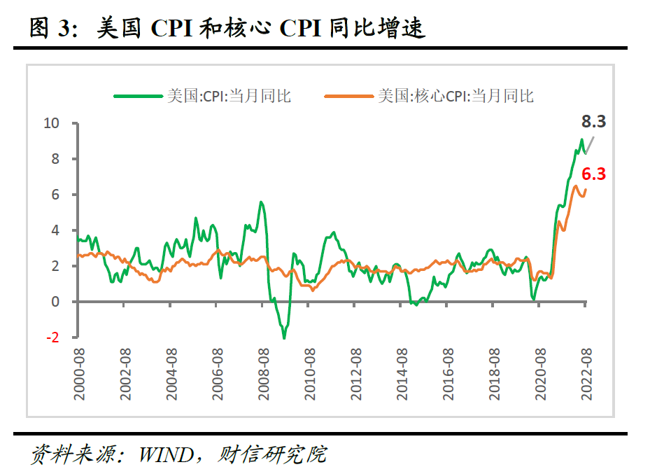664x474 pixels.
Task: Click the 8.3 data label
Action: coord(593,122)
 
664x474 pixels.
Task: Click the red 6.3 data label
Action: coord(593,174)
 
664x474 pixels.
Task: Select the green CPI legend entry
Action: coord(203,96)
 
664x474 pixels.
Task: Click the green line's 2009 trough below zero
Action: coord(284,337)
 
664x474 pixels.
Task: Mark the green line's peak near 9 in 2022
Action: coord(581,140)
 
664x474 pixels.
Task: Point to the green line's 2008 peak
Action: coord(260,202)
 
